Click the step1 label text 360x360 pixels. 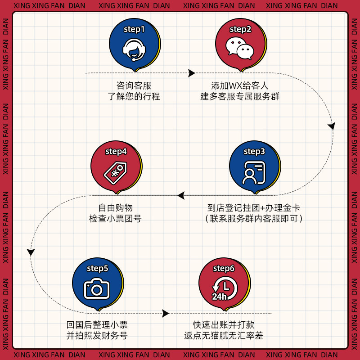[x=134, y=30]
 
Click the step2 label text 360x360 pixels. [x=240, y=30]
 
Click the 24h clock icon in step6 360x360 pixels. [x=224, y=289]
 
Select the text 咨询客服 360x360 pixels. [x=134, y=85]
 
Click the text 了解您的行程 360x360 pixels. [x=134, y=96]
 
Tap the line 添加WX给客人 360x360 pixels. [x=240, y=85]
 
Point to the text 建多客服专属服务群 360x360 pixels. [x=240, y=96]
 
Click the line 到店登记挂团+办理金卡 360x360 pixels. [x=254, y=208]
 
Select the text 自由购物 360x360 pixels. [x=116, y=208]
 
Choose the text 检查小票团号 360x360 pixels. [x=116, y=219]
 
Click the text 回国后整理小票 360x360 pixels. [x=97, y=324]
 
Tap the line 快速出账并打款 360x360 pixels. [x=224, y=324]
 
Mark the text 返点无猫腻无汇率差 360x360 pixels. [x=224, y=336]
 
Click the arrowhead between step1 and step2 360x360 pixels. [x=192, y=73]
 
